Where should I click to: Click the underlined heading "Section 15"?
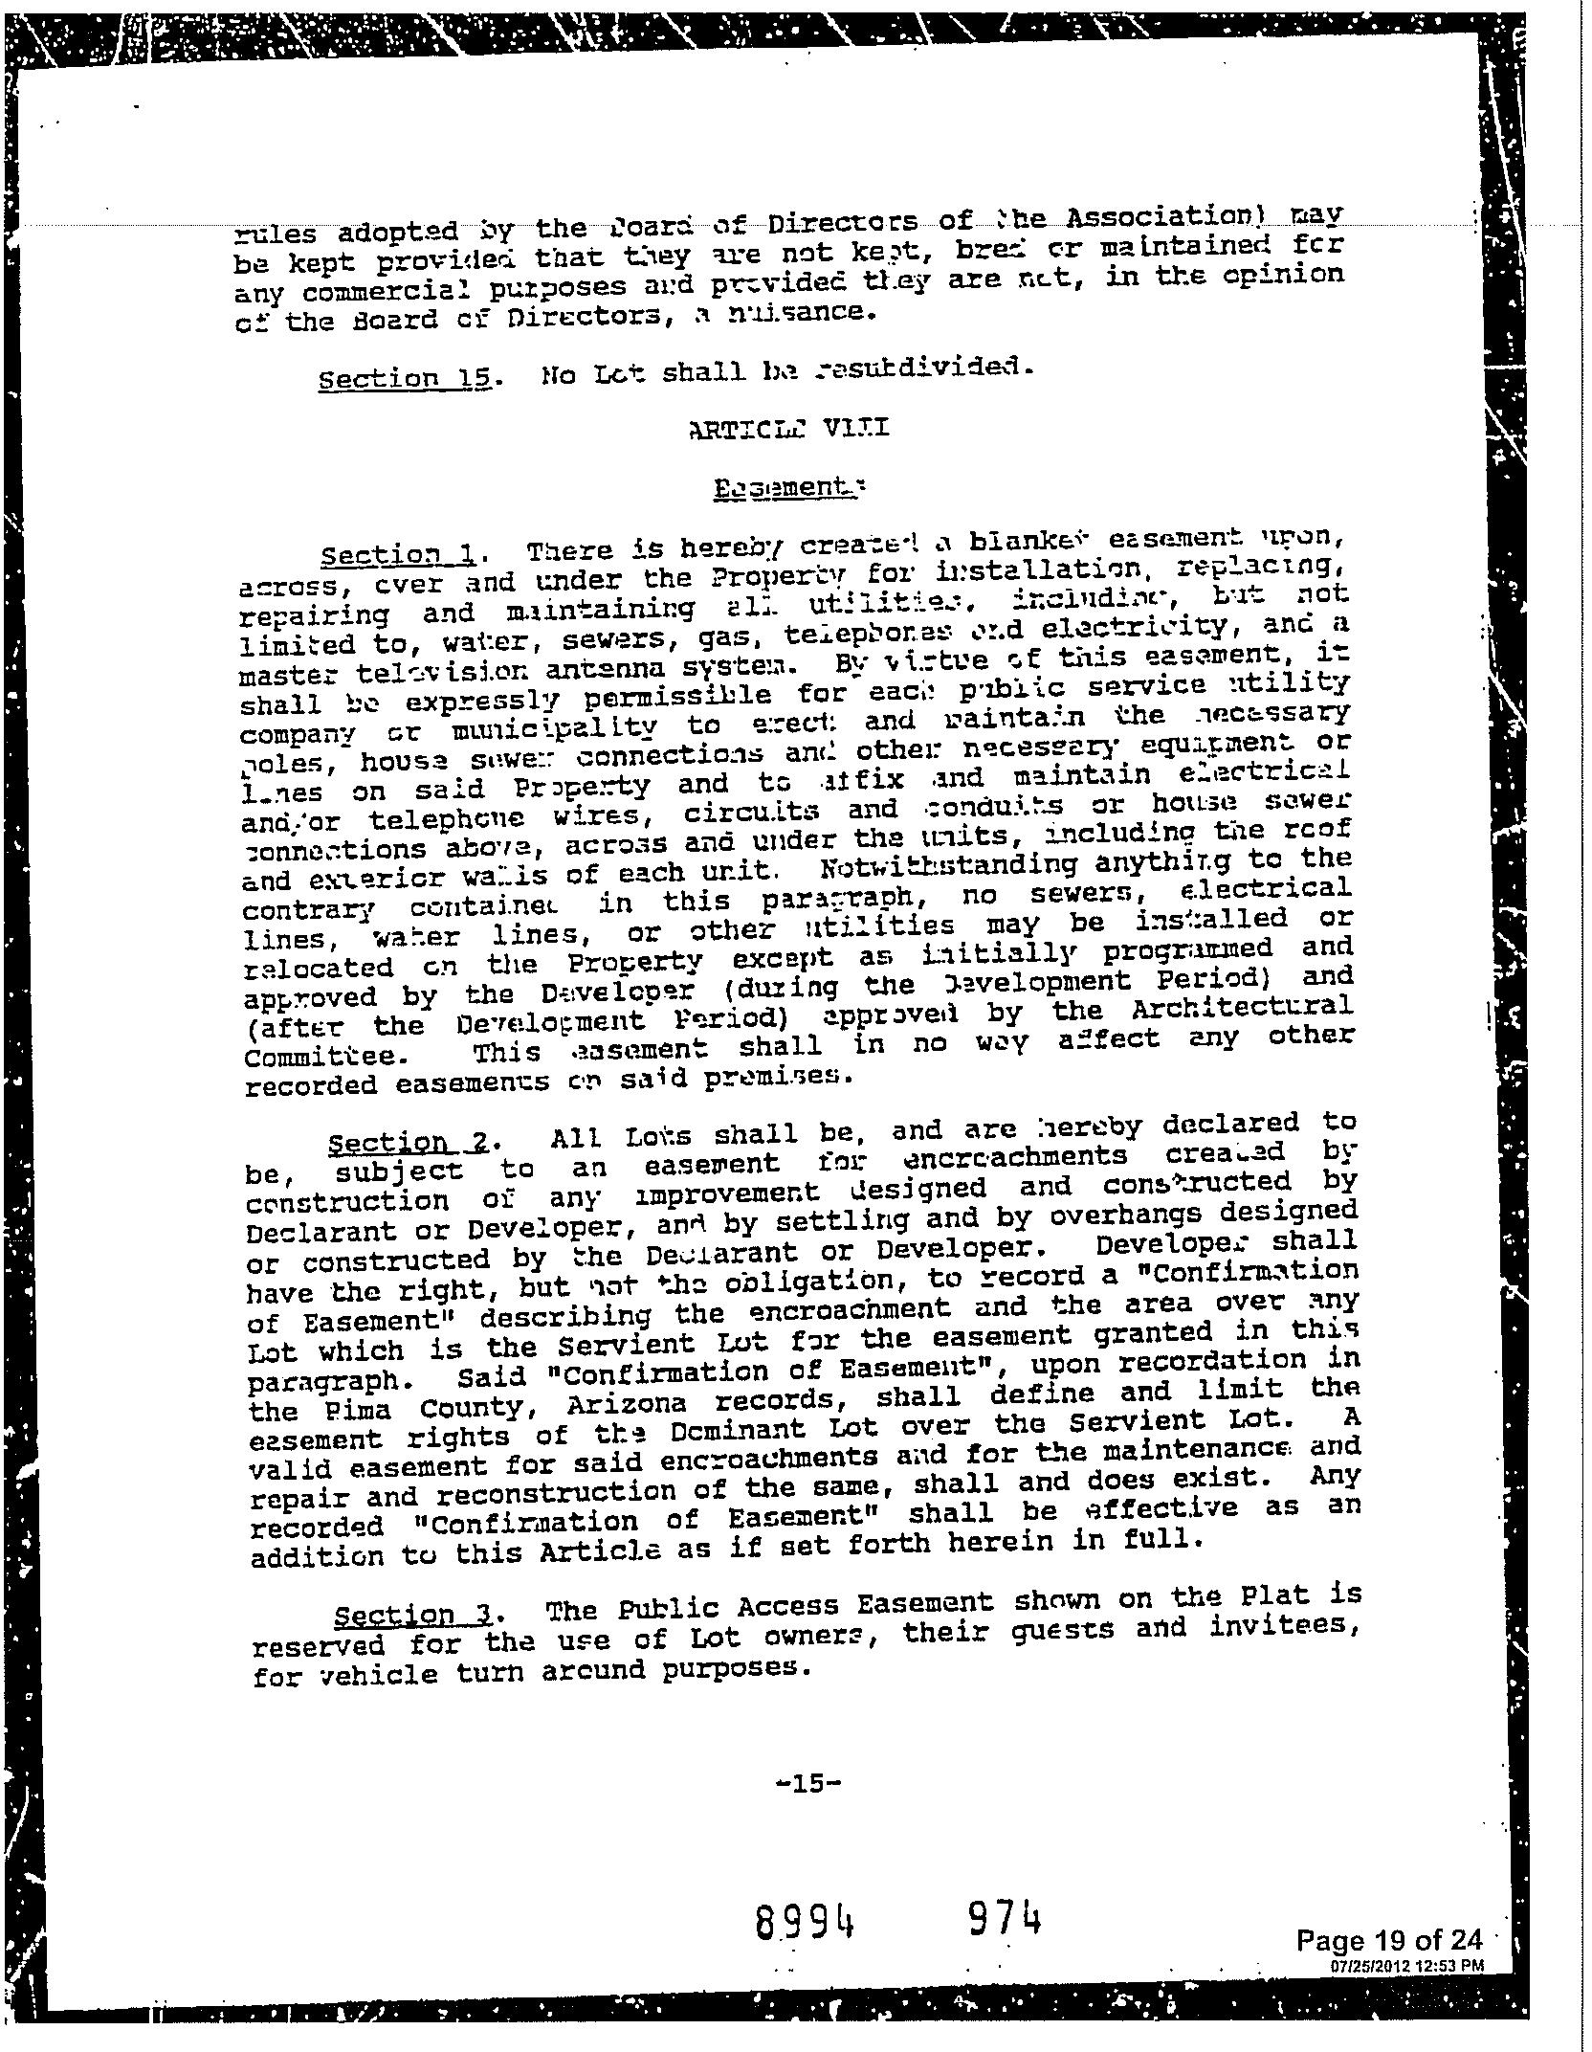[x=407, y=377]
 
